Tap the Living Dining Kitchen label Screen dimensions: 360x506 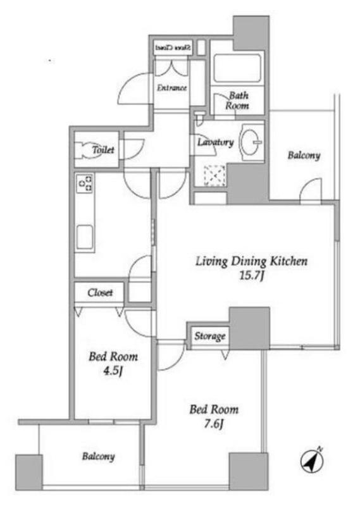click(x=252, y=261)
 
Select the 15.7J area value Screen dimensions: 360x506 click(x=252, y=276)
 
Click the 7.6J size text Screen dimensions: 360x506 click(x=213, y=424)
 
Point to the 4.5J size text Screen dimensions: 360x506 click(x=113, y=371)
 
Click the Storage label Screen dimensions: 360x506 click(x=210, y=336)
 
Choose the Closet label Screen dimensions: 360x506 click(x=100, y=293)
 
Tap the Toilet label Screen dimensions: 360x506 click(x=103, y=150)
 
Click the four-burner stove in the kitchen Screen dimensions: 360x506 click(x=85, y=183)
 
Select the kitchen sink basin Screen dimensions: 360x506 click(x=85, y=237)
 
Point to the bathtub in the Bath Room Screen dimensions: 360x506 click(x=237, y=69)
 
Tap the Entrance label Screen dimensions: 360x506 click(x=171, y=88)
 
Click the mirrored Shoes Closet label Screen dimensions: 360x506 click(x=173, y=48)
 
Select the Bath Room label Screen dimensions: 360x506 click(x=237, y=101)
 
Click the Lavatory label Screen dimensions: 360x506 click(x=215, y=142)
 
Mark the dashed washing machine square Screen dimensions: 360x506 click(x=214, y=175)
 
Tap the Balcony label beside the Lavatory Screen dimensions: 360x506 click(x=304, y=156)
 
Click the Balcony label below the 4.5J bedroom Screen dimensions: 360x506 click(x=99, y=457)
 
